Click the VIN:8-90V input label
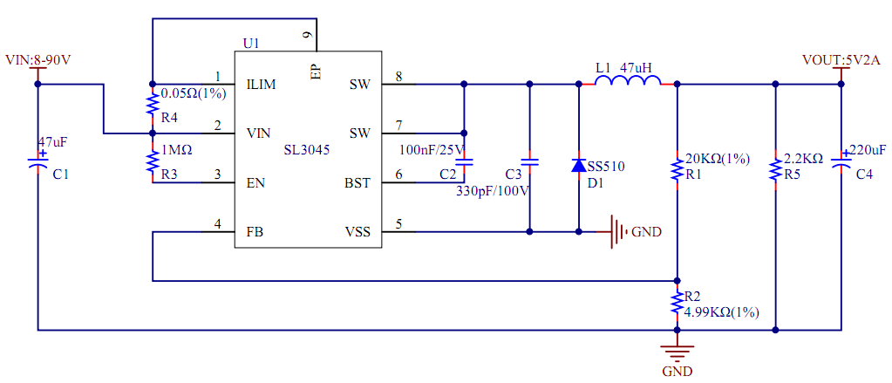pos(38,60)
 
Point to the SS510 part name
pos(606,166)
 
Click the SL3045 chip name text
pos(307,150)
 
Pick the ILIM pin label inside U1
pos(262,85)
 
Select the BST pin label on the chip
pos(358,183)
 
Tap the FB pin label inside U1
pos(255,232)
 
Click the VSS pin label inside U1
pos(358,232)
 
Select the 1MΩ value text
pos(177,150)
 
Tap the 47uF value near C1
pos(53,141)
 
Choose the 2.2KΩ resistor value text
pos(803,159)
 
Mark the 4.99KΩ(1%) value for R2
pos(723,311)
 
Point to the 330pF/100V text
pos(494,190)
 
